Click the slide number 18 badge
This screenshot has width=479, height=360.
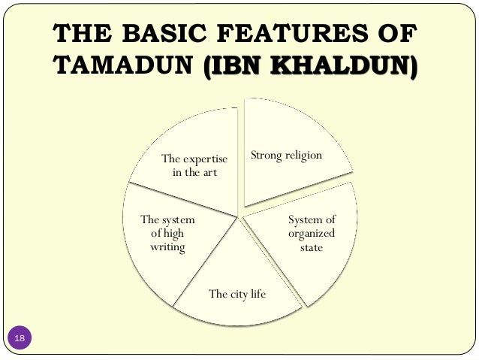[20, 340]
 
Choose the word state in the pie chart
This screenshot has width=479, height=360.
[311, 247]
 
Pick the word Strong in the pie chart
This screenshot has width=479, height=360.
[265, 156]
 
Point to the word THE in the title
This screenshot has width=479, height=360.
[77, 37]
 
